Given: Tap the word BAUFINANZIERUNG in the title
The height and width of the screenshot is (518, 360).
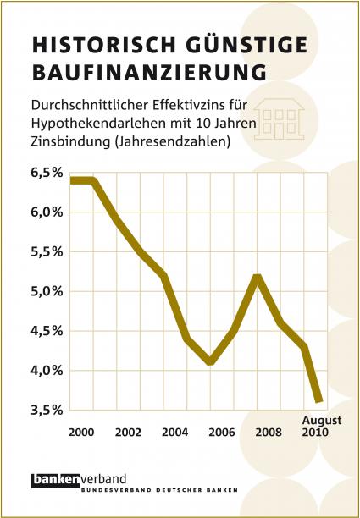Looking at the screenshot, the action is [x=149, y=73].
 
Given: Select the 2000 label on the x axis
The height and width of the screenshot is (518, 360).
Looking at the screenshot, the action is [x=81, y=433].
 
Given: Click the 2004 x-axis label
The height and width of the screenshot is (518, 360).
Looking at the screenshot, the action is [x=174, y=433].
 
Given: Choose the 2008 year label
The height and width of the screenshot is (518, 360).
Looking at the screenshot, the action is [x=269, y=433].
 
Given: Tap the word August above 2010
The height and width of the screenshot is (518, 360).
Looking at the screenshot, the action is [x=322, y=422].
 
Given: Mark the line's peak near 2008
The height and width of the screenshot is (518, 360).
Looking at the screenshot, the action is [x=258, y=278].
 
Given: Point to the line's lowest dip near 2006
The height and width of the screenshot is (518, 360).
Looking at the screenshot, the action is [x=210, y=361].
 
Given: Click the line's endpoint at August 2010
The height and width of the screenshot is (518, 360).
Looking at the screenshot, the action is [x=319, y=400].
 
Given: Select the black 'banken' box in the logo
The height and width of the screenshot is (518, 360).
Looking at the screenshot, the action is [x=56, y=481].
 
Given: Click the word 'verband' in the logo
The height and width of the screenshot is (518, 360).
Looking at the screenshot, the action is [x=103, y=479].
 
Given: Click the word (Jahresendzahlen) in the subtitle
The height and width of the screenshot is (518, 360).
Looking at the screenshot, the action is [x=172, y=141].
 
